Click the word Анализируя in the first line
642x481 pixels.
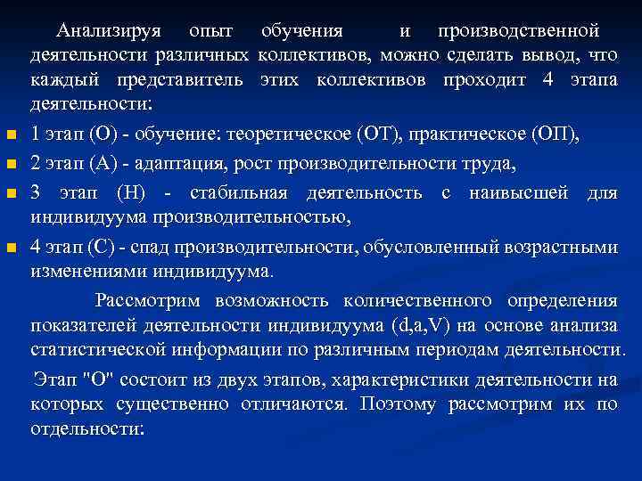pos(108,31)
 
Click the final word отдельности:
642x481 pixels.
pos(86,428)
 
